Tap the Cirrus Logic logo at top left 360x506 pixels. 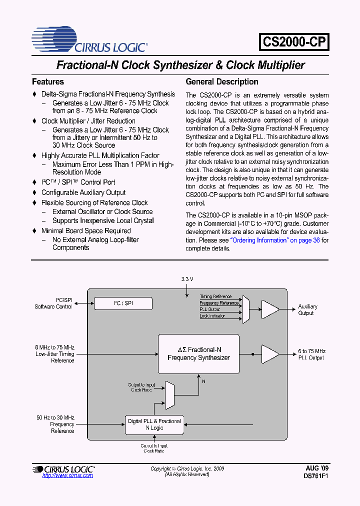89,40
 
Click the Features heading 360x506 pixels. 48,81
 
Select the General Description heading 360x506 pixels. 222,81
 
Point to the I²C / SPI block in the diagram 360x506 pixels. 123,303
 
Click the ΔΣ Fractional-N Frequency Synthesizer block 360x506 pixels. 198,354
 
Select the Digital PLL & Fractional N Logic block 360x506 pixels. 154,424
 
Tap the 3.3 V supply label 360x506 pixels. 186,278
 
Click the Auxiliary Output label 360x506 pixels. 307,310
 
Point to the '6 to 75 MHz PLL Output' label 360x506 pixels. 311,354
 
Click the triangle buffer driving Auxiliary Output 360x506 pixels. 270,309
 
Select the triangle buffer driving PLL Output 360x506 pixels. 270,354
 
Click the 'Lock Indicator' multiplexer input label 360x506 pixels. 212,316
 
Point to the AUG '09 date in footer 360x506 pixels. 317,468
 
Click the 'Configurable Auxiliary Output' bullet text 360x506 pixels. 83,192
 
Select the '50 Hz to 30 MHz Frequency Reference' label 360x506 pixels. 55,424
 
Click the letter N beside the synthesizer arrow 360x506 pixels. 203,381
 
